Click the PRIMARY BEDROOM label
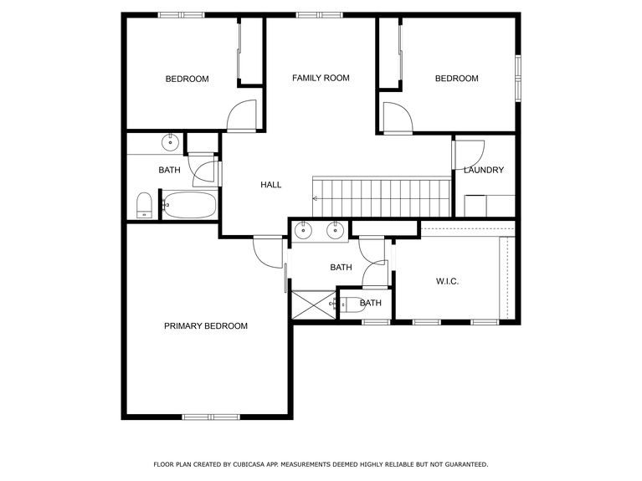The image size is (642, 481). tap(205, 326)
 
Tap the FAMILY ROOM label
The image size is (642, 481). tap(321, 78)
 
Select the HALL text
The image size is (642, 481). tap(270, 185)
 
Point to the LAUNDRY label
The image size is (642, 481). tap(484, 171)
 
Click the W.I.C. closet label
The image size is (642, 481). tap(447, 282)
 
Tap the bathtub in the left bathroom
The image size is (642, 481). tap(189, 204)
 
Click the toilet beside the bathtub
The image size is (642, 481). tap(143, 205)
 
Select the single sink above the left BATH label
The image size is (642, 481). tap(171, 141)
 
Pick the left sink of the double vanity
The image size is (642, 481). tap(304, 230)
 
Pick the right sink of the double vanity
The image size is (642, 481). tap(336, 230)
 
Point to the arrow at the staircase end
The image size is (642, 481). tap(316, 199)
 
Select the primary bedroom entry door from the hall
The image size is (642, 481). tap(270, 251)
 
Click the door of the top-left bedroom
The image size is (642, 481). tap(243, 115)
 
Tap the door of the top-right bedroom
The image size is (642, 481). tap(398, 117)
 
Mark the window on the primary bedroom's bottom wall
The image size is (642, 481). tap(211, 417)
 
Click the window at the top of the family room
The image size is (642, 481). tap(319, 14)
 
